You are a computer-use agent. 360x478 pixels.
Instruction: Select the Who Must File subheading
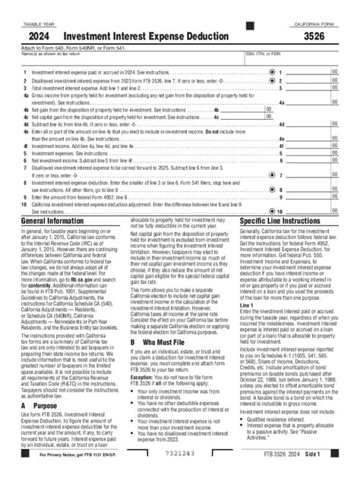point(164,341)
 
